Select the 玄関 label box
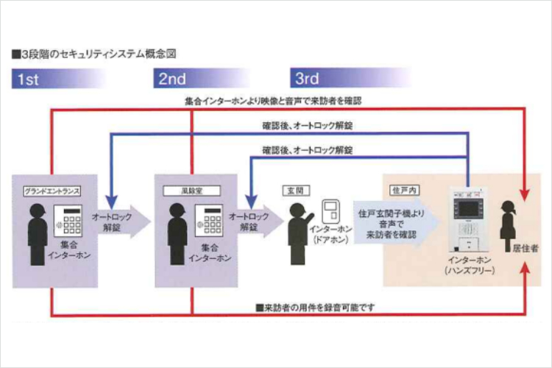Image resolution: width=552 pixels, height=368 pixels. point(294,191)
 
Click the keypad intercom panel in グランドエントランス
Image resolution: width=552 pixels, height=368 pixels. point(71,220)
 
